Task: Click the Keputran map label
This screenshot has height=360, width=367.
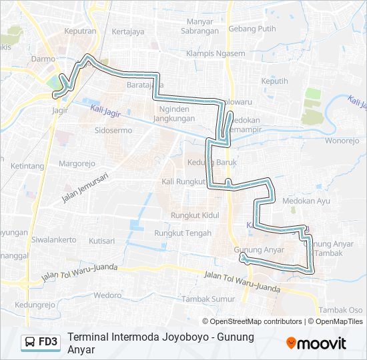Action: pos(80,31)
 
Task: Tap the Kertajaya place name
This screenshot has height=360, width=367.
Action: pos(128,31)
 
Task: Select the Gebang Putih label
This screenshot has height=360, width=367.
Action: pos(252,29)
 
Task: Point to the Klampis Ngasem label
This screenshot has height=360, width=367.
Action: pos(212,53)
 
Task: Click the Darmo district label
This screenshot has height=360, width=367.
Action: pos(43,59)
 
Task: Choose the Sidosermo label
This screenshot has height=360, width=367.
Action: pos(113,130)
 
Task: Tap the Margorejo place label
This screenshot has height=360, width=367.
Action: pos(78,163)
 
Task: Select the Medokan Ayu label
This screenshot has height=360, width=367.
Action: pos(306,200)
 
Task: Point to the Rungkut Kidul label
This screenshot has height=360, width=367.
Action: pos(195,215)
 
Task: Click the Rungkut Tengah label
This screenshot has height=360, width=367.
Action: pos(182,233)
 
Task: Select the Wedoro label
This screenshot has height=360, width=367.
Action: pos(107,294)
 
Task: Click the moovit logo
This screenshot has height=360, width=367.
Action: pos(316,343)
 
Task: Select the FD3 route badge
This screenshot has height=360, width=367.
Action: pos(41,342)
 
